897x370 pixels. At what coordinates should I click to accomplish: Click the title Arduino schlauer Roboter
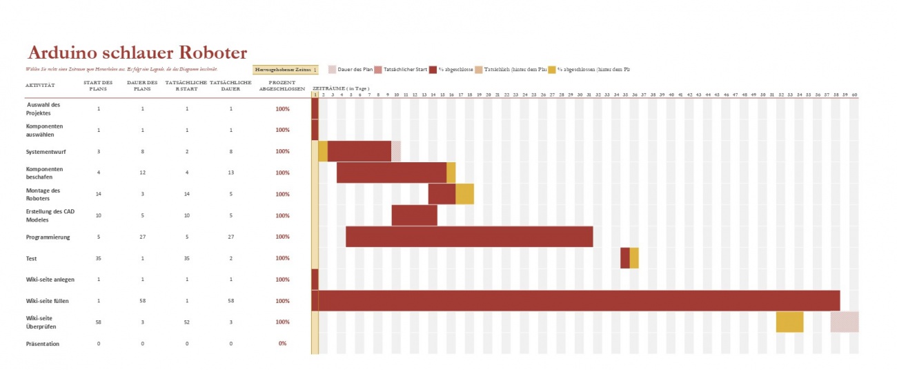pos(137,52)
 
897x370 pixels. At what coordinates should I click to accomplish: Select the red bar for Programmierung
pos(469,237)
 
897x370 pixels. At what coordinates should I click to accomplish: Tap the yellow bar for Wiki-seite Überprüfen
pos(789,322)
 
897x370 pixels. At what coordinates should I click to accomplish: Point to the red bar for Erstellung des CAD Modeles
pos(414,215)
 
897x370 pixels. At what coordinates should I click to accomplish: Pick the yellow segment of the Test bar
pos(634,258)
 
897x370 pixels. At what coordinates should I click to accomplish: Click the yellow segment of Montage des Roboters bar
pos(464,194)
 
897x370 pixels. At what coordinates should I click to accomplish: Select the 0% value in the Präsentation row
pos(282,343)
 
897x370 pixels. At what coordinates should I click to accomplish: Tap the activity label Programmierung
pos(48,237)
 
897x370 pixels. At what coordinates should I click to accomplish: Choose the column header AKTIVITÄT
pos(40,86)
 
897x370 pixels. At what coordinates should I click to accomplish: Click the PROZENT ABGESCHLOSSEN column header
pos(282,86)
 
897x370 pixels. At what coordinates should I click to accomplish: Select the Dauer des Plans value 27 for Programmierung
pos(142,237)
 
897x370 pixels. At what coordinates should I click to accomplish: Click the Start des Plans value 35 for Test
pos(99,258)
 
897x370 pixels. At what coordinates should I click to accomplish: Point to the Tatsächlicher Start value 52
pos(187,322)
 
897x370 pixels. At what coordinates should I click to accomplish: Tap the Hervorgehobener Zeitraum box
pos(286,69)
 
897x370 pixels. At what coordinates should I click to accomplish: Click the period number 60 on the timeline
pos(854,94)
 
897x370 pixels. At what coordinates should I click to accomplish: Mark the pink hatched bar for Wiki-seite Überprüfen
pos(845,322)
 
